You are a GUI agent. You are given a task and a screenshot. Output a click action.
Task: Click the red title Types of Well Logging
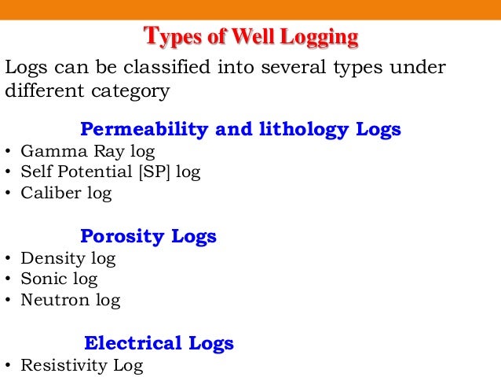(251, 36)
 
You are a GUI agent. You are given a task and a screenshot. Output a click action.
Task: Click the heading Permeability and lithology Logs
(240, 129)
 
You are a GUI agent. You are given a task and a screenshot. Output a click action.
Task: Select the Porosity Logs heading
(148, 236)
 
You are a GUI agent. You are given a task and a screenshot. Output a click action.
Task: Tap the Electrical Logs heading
(159, 343)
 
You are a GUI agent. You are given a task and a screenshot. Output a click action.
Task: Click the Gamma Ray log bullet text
(88, 150)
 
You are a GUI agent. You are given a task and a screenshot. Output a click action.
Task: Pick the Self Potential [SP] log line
(111, 172)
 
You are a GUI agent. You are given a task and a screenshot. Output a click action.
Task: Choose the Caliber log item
(67, 193)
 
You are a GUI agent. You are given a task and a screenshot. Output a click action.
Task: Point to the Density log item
(68, 257)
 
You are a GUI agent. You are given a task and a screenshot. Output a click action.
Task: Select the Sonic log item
(60, 279)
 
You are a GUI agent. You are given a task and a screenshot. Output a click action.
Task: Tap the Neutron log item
(71, 300)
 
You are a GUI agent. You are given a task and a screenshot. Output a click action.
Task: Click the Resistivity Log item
(82, 365)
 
